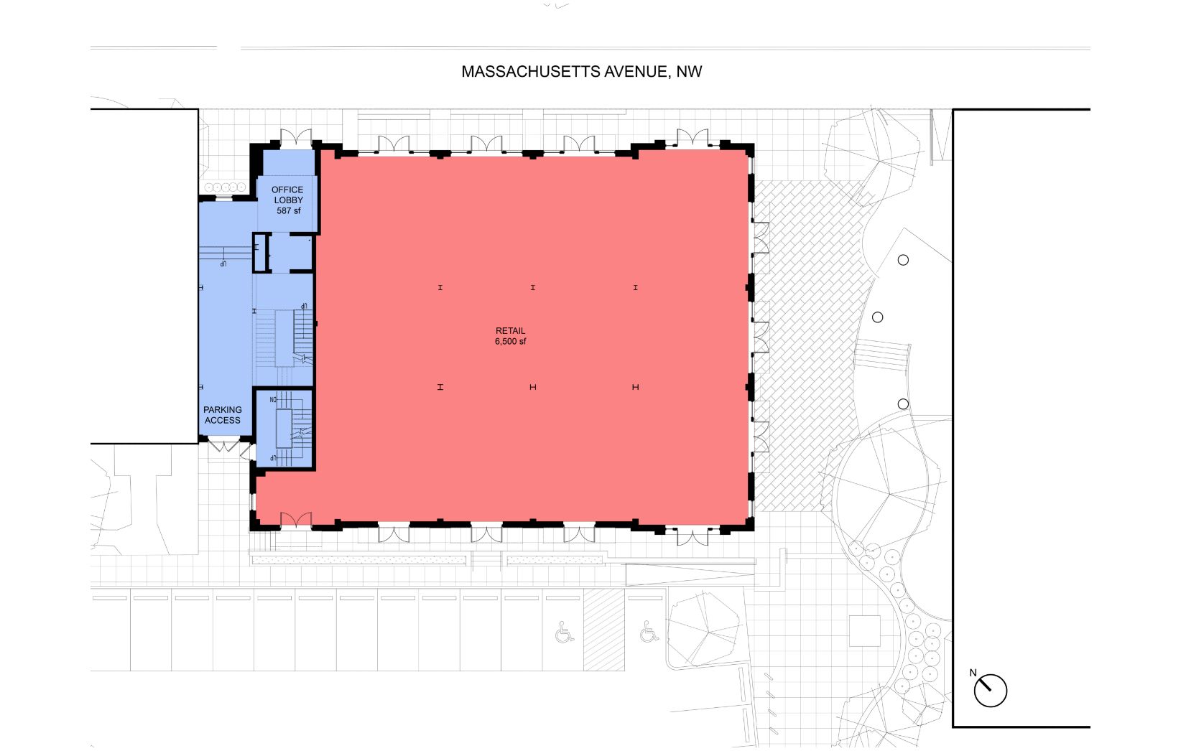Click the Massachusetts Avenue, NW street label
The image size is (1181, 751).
[x=582, y=72]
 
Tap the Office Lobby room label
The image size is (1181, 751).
[x=287, y=195]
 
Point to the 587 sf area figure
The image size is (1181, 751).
[x=288, y=211]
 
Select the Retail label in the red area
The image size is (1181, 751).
[x=510, y=331]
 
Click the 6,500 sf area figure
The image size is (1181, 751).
[x=510, y=342]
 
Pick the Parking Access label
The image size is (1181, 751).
[x=223, y=415]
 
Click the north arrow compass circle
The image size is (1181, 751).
[x=990, y=691]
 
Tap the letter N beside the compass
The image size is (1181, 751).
[x=973, y=673]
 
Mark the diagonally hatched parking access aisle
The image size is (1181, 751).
[x=603, y=630]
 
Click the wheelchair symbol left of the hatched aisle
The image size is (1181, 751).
[x=564, y=632]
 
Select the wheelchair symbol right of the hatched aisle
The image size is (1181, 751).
[x=649, y=631]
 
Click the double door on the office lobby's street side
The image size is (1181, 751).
[x=296, y=138]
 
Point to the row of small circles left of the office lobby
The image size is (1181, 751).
[x=225, y=187]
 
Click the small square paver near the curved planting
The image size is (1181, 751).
[x=865, y=631]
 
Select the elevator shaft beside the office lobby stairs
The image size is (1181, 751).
[x=261, y=253]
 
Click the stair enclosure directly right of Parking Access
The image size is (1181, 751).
[x=284, y=429]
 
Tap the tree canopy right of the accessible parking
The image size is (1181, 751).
[x=705, y=630]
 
